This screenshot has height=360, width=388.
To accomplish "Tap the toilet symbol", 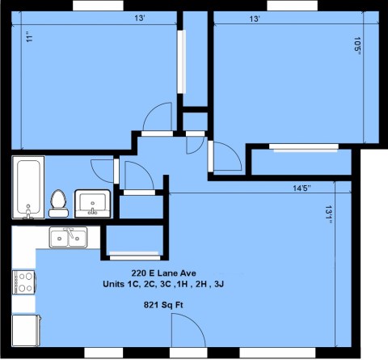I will (x=58, y=203).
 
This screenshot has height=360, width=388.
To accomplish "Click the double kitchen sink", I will (x=68, y=237).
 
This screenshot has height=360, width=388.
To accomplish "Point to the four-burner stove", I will (x=23, y=282).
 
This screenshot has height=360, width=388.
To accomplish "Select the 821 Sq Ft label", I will (x=165, y=304).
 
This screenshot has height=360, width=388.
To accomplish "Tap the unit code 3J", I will (x=221, y=285).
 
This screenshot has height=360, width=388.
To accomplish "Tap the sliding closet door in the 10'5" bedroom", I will (x=302, y=147).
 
